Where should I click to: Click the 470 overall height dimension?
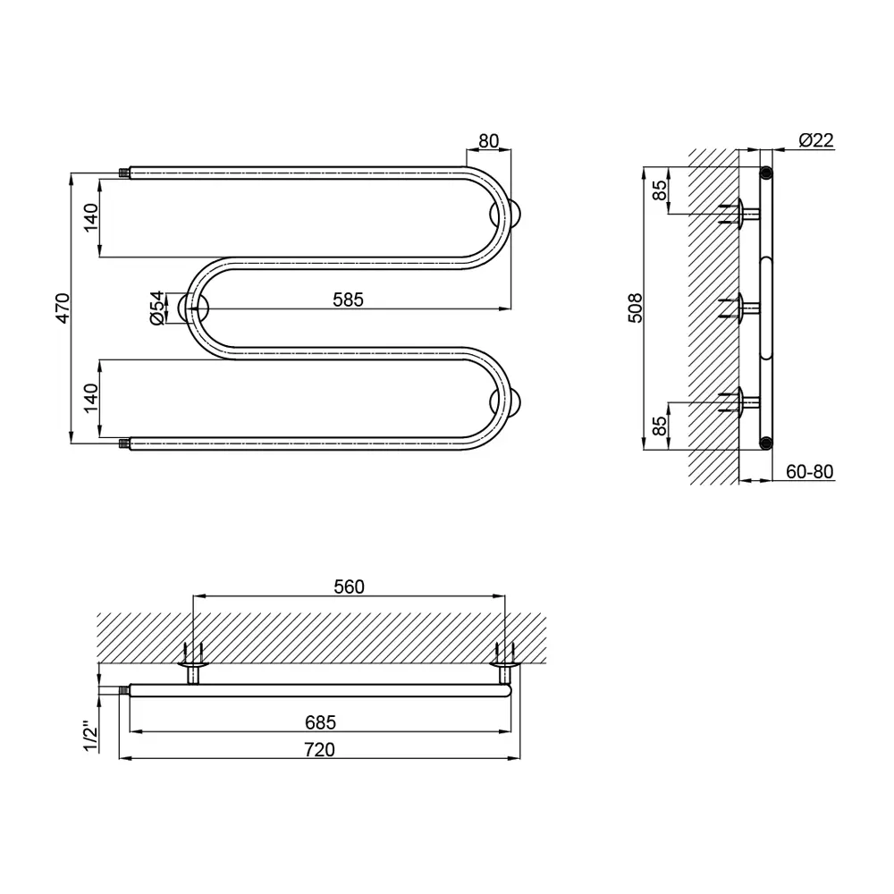point(63,308)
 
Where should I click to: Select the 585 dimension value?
point(348,299)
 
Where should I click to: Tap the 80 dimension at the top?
point(489,141)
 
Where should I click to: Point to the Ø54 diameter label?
point(157,308)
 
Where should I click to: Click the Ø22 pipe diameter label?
point(816,139)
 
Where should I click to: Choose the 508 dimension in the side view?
point(635,308)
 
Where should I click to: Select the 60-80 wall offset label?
point(810,471)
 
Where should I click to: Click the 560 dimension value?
point(349,586)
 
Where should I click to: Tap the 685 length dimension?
point(320,722)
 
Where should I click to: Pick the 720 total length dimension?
point(319,749)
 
